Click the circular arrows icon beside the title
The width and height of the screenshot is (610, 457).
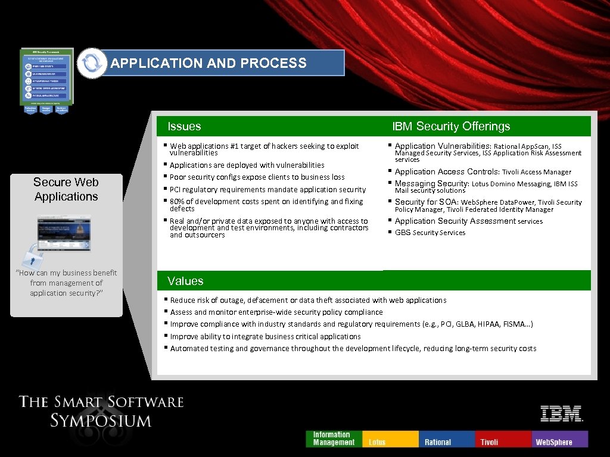click(92, 63)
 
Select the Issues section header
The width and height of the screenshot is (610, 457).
click(184, 126)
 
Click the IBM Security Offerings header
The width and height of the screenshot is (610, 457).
click(451, 126)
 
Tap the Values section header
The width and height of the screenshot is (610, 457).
click(185, 281)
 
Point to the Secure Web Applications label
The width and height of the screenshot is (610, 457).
click(66, 189)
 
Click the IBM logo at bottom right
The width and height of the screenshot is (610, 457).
click(561, 414)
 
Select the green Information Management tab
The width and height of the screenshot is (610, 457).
click(334, 439)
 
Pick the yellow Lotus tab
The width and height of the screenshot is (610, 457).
click(390, 439)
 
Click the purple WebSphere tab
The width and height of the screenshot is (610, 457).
click(559, 439)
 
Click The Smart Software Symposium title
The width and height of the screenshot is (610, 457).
click(101, 411)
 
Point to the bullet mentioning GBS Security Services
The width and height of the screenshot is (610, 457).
click(430, 233)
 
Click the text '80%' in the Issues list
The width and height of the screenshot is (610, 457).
click(177, 201)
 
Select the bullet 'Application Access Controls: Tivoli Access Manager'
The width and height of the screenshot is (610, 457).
click(483, 171)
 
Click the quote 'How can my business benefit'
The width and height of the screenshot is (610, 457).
click(66, 273)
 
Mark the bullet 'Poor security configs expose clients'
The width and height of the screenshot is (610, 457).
click(257, 177)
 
